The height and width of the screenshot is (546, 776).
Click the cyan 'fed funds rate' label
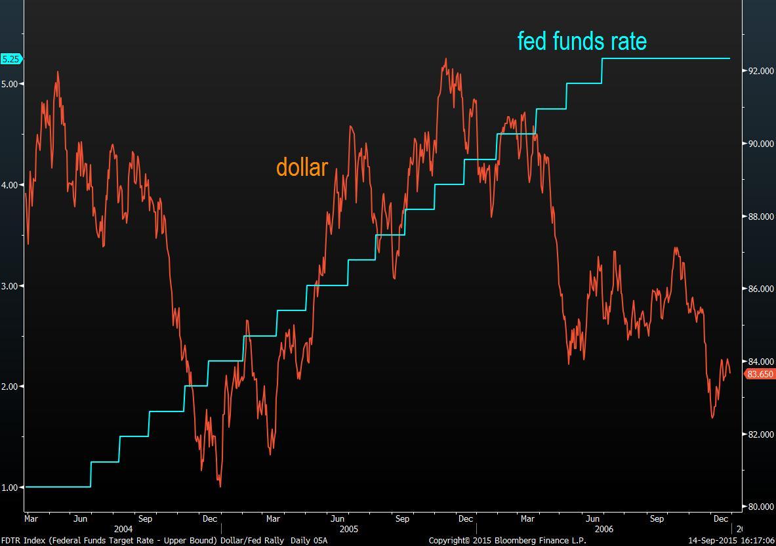pyautogui.click(x=582, y=41)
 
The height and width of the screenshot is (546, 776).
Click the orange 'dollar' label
pyautogui.click(x=302, y=167)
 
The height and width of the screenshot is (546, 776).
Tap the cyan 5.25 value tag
pyautogui.click(x=11, y=59)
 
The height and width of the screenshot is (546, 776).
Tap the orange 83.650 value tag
pyautogui.click(x=760, y=374)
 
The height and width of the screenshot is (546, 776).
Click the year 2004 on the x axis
pyautogui.click(x=123, y=529)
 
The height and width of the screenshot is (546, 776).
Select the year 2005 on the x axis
pyautogui.click(x=349, y=529)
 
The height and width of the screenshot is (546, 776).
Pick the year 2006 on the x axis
pyautogui.click(x=603, y=529)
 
